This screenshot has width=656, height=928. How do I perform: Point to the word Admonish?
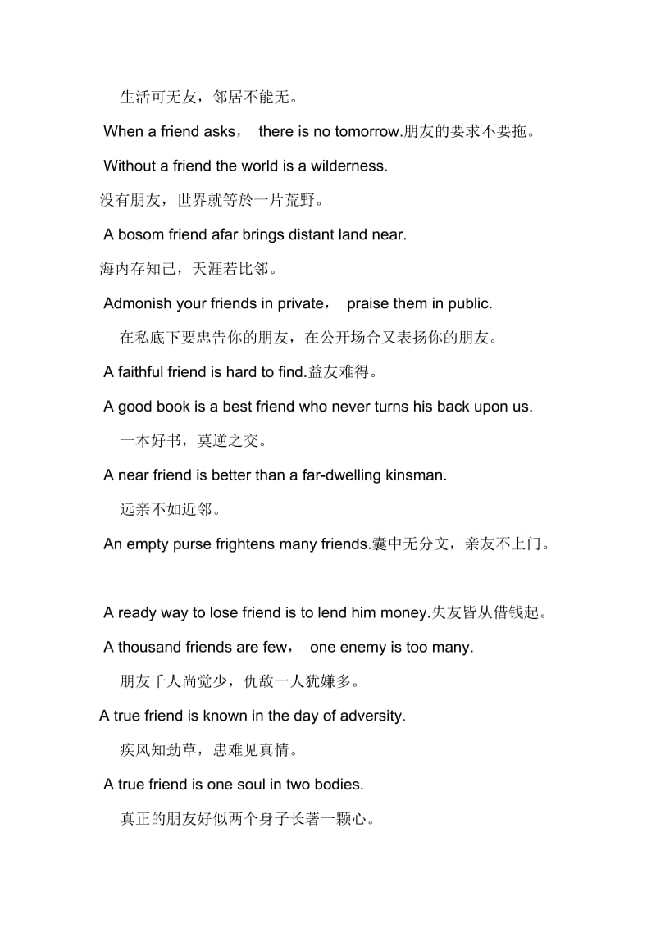pyautogui.click(x=138, y=303)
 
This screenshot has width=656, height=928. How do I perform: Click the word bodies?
pyautogui.click(x=336, y=785)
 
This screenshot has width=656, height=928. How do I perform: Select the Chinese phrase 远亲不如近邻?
pyautogui.click(x=170, y=509)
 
